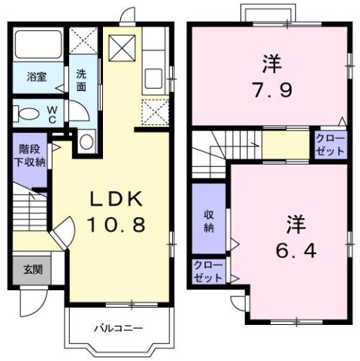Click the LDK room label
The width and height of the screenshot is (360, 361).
116,199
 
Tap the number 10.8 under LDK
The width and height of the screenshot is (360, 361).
116,223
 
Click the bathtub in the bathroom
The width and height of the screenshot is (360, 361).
38,45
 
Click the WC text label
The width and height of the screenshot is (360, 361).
53,114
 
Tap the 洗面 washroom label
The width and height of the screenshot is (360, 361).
82,80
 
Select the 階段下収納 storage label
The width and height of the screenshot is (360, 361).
30,156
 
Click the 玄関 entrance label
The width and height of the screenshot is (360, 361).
32,270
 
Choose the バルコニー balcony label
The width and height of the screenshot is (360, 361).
119,329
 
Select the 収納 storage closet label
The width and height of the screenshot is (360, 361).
210,220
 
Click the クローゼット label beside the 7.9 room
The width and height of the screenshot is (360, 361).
329,143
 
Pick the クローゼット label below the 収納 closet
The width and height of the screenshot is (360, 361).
208,271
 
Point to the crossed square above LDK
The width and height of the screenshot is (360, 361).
121,50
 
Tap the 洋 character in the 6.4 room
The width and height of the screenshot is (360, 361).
293,223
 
